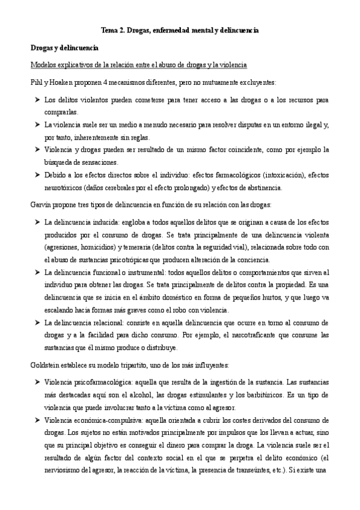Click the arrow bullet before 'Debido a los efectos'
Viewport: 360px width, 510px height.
(x=36, y=175)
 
